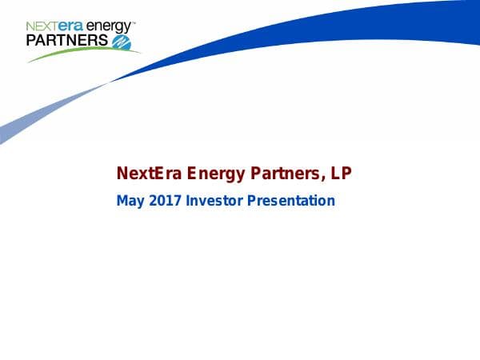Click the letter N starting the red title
122,173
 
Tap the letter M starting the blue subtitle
122,201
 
